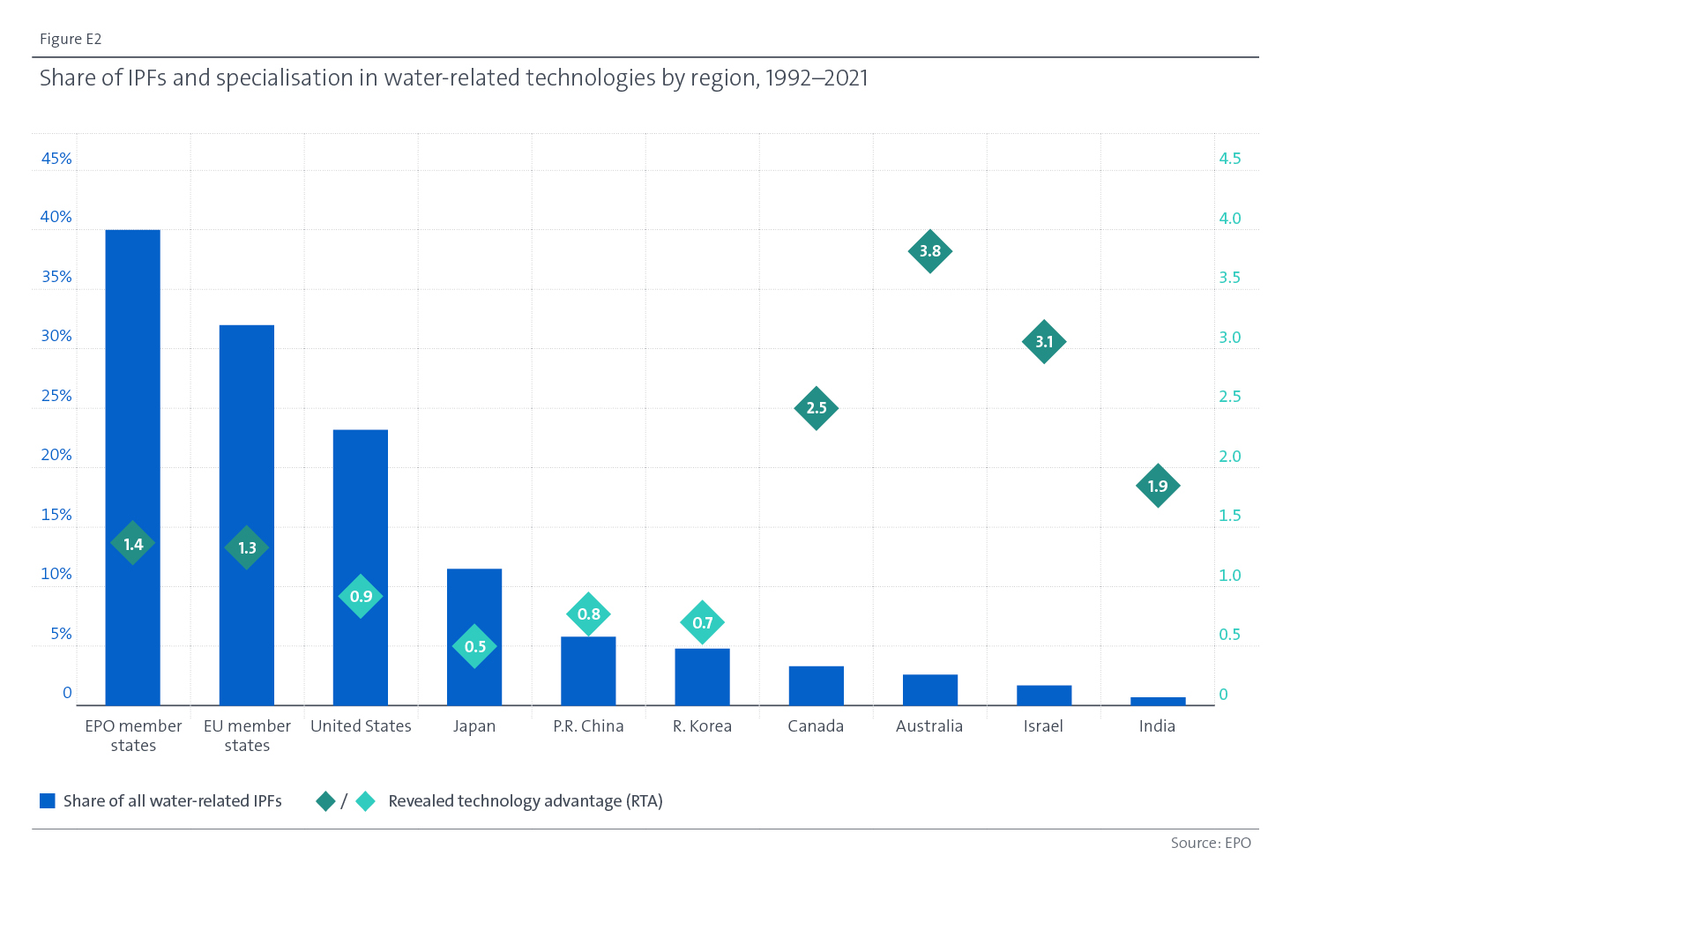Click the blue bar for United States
tap(361, 511)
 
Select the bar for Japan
tap(474, 608)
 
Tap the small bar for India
tap(1158, 702)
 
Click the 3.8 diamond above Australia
tap(930, 251)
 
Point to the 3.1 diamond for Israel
tap(1044, 341)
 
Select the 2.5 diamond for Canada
tap(817, 408)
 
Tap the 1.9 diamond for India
tap(1158, 486)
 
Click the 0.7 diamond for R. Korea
tap(703, 622)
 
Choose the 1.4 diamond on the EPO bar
tap(133, 544)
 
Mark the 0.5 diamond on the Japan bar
tap(474, 646)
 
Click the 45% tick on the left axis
tap(56, 159)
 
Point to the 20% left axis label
tap(56, 455)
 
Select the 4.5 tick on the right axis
tap(1229, 159)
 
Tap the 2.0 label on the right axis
tap(1229, 456)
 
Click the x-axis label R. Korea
tap(702, 726)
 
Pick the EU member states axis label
tap(247, 735)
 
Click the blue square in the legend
tap(48, 800)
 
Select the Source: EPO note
tap(1210, 843)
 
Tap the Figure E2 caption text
tap(71, 39)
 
